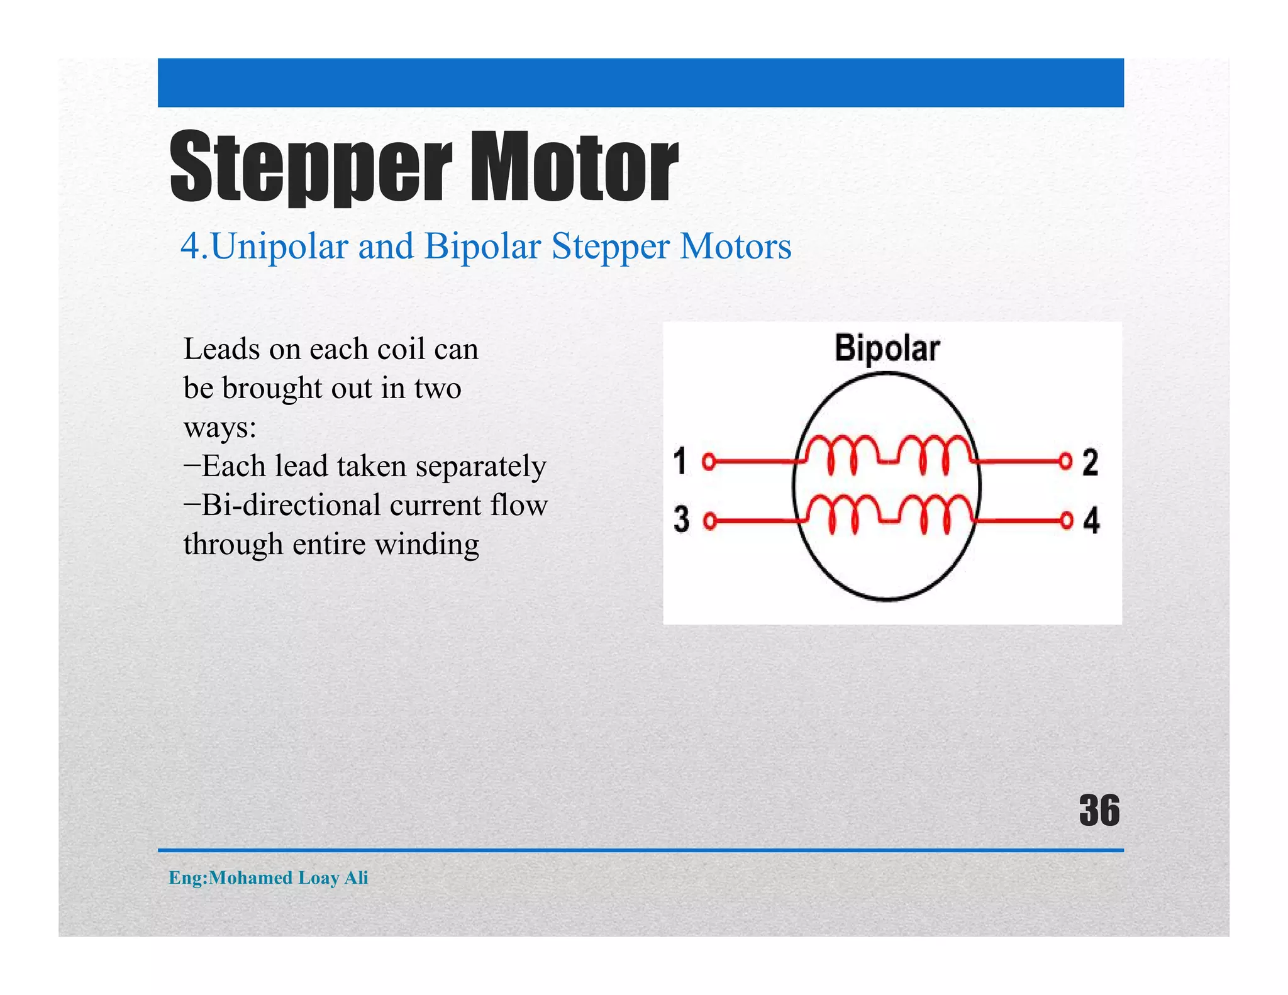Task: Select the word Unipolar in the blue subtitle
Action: coord(279,246)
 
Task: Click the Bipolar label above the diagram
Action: coord(887,348)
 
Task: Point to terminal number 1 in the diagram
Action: coord(680,461)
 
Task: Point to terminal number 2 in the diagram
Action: coord(1091,462)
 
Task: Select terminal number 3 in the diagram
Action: coord(681,520)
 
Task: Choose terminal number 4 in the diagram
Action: coord(1091,521)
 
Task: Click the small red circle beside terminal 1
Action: coord(709,462)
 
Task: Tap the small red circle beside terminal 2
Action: coord(1065,461)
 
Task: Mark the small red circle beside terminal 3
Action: coord(709,521)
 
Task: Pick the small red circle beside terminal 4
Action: coord(1067,521)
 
